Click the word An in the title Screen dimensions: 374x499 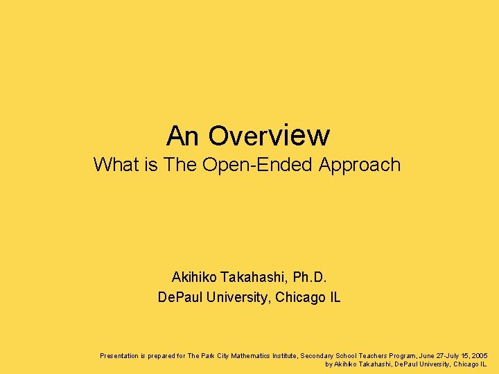(x=182, y=136)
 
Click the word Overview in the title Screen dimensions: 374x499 (x=269, y=135)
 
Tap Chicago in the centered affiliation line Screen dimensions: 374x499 (x=299, y=298)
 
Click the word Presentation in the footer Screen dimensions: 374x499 (x=121, y=355)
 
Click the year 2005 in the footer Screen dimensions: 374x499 (x=479, y=355)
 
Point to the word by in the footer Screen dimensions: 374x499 (x=329, y=364)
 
